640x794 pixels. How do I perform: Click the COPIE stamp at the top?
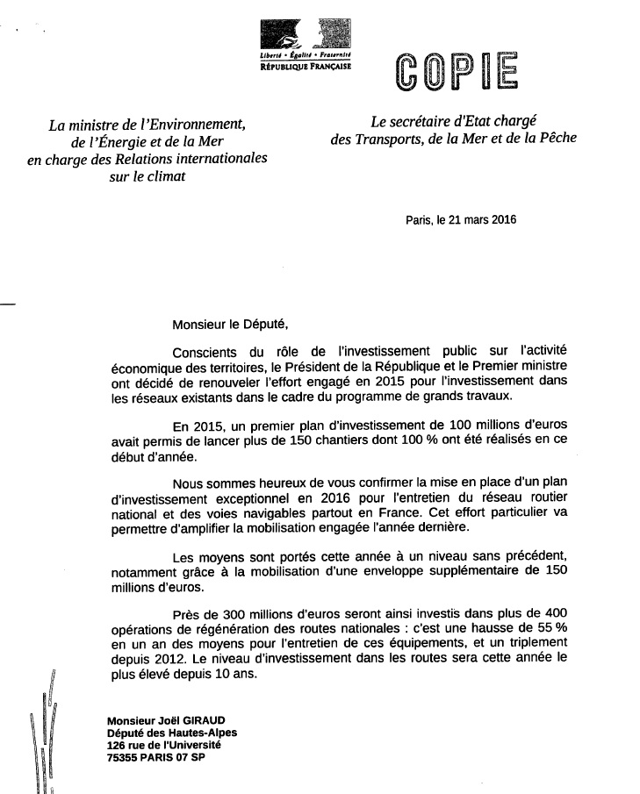pos(456,73)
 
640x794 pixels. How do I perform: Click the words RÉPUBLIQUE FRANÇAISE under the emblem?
pos(300,66)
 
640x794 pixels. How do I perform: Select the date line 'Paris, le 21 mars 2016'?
pos(461,221)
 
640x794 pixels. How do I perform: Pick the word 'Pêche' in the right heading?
pos(555,139)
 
